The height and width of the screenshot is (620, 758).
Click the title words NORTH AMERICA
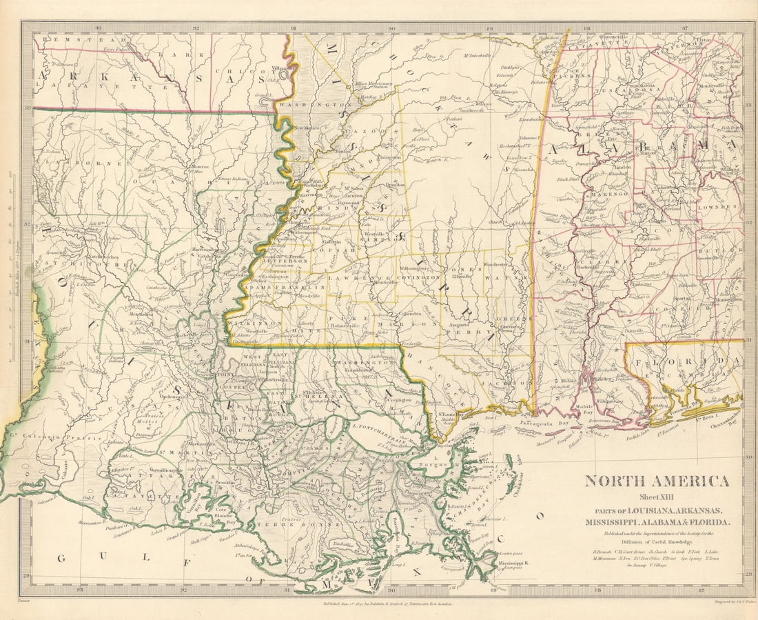[657, 481]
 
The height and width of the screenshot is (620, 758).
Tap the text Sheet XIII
[657, 497]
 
